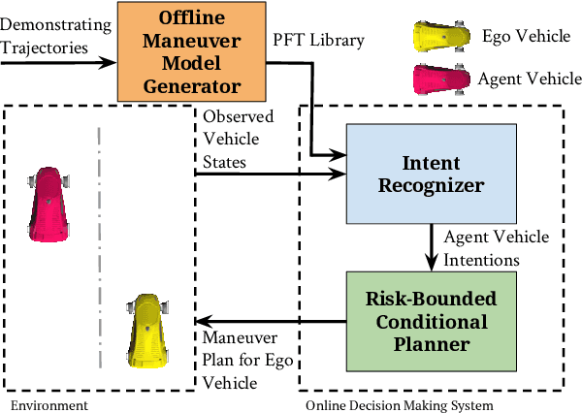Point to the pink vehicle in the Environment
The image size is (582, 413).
pyautogui.click(x=48, y=202)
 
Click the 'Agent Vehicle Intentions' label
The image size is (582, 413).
pyautogui.click(x=496, y=248)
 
